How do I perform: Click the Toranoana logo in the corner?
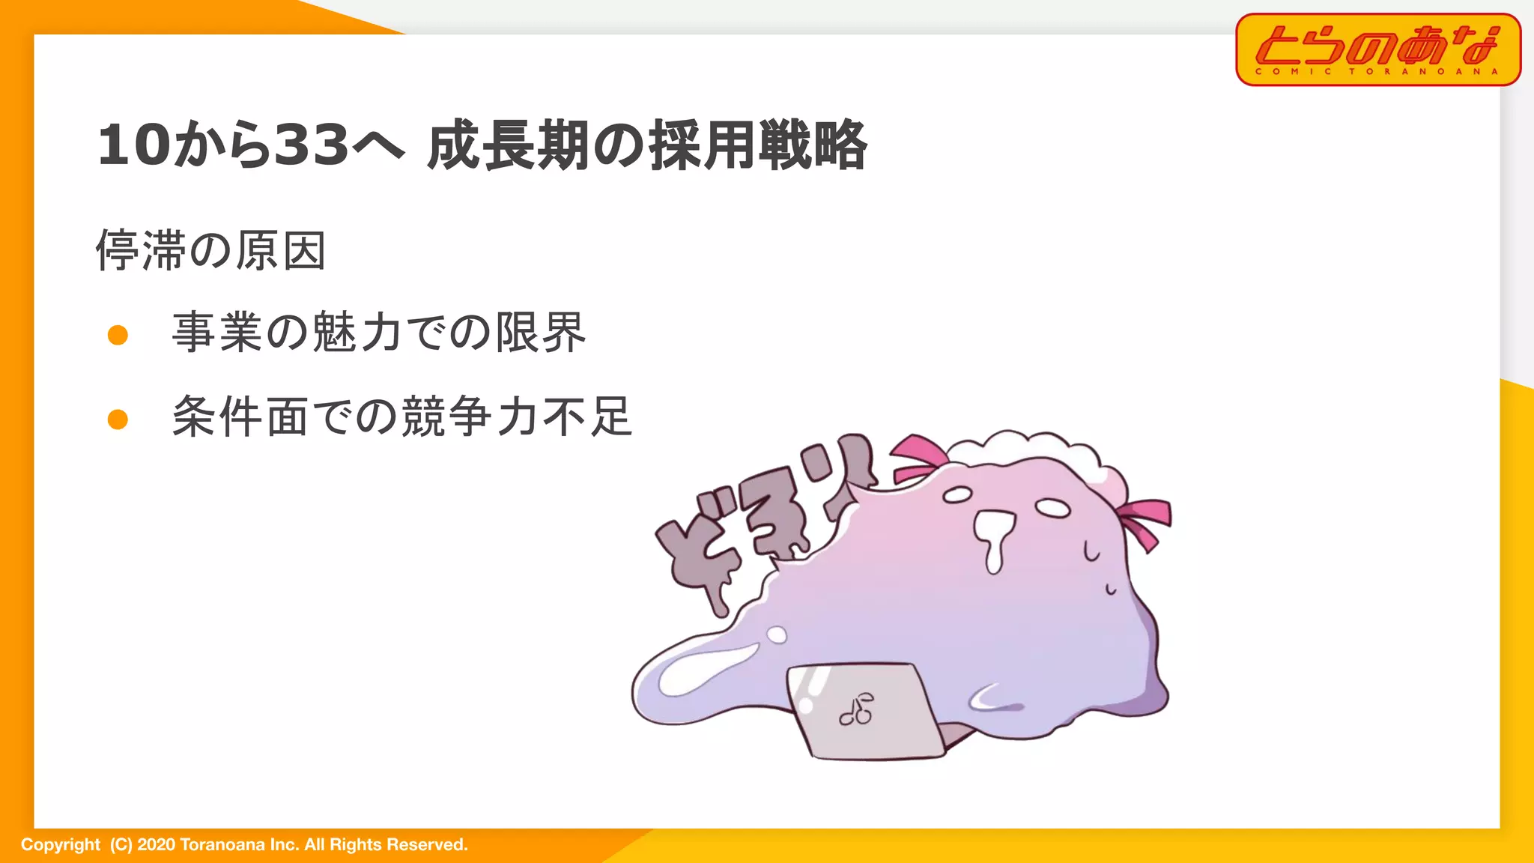click(x=1377, y=49)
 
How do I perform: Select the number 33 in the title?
click(x=312, y=145)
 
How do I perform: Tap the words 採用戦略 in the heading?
click(x=758, y=145)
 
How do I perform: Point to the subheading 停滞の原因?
click(x=211, y=250)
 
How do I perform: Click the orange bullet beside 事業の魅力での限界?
click(x=118, y=335)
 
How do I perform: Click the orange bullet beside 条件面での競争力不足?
click(x=118, y=419)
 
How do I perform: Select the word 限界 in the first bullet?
click(x=541, y=332)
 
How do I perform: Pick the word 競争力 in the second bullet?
click(x=470, y=416)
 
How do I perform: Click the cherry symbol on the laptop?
click(x=857, y=709)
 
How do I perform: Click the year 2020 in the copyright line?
click(x=156, y=845)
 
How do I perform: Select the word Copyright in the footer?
click(x=60, y=845)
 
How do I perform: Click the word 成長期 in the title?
click(x=508, y=145)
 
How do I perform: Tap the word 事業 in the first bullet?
click(x=218, y=332)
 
